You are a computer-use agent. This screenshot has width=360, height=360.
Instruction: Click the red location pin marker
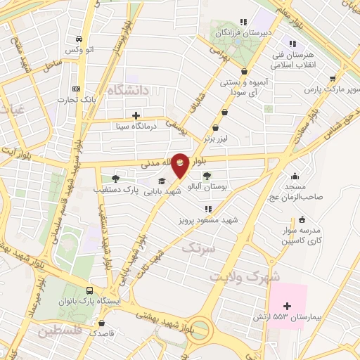point(181,165)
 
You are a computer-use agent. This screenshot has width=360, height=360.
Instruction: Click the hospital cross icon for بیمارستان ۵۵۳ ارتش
point(287,305)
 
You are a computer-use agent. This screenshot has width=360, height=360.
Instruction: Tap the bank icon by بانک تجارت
point(76,89)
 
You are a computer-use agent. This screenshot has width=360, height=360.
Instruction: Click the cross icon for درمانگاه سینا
point(136,115)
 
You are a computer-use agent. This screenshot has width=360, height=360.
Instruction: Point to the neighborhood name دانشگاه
point(129,91)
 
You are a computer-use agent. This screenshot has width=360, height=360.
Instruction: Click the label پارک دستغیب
point(114,190)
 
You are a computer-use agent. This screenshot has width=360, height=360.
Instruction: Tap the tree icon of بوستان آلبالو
point(207,176)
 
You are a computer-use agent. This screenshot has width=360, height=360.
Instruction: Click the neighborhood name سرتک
point(198,247)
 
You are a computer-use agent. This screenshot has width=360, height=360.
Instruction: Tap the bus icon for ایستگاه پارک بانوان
point(89,290)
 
